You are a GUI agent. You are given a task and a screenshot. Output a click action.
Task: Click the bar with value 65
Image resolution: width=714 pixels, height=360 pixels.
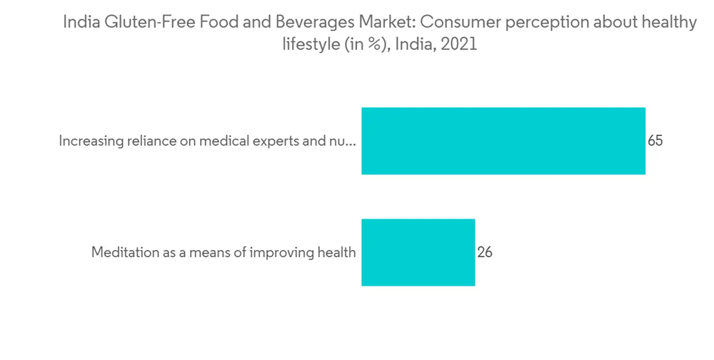click(503, 141)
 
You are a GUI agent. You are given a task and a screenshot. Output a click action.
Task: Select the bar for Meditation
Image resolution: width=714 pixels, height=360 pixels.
click(418, 252)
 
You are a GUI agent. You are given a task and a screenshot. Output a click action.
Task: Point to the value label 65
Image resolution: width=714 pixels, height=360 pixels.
click(655, 141)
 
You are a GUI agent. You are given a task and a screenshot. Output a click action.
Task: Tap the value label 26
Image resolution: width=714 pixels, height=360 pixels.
click(485, 252)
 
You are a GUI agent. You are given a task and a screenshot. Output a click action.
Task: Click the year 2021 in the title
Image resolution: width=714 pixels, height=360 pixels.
click(458, 44)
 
